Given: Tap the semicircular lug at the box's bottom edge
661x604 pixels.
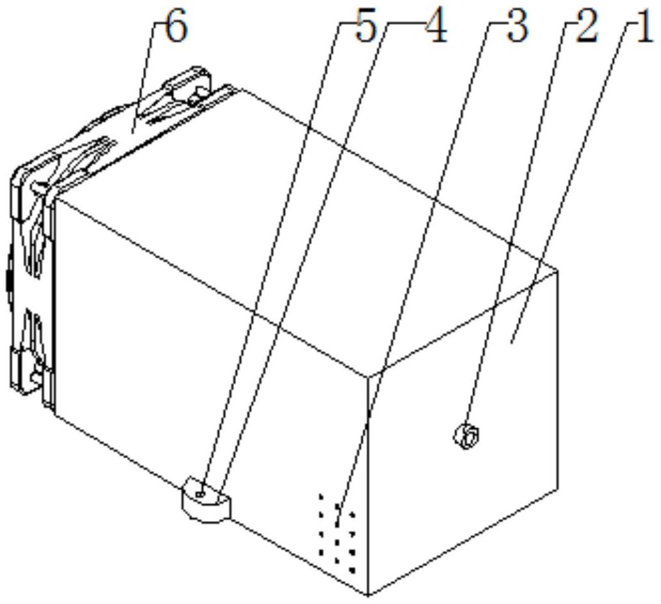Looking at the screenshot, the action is click(205, 500).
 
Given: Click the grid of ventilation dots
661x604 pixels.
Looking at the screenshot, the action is click(338, 534).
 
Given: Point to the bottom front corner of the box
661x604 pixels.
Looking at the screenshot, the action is click(368, 595).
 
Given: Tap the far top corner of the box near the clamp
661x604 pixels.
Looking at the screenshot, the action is click(241, 89).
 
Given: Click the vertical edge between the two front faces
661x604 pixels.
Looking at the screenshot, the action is click(369, 485).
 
